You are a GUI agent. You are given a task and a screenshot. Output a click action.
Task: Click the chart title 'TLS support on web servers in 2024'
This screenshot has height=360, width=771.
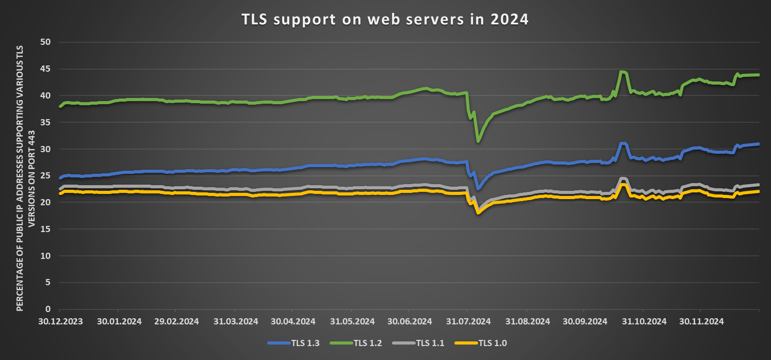pos(385,20)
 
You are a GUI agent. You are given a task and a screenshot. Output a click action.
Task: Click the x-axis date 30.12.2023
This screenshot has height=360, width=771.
pos(60,321)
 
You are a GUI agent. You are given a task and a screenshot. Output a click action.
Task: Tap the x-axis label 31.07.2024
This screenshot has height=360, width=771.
pos(468,321)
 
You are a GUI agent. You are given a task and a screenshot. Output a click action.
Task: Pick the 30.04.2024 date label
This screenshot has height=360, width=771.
pos(292,321)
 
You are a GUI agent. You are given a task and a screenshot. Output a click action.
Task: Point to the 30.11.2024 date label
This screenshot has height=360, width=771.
pos(700,321)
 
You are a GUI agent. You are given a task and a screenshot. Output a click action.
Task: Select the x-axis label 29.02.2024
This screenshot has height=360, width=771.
pos(176,321)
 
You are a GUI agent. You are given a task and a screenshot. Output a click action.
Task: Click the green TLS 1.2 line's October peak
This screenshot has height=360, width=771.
pos(622,72)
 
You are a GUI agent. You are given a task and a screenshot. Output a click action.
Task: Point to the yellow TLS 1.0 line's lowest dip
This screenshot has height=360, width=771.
pos(478,212)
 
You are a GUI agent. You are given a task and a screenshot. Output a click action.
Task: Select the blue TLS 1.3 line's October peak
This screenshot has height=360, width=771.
pos(622,143)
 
